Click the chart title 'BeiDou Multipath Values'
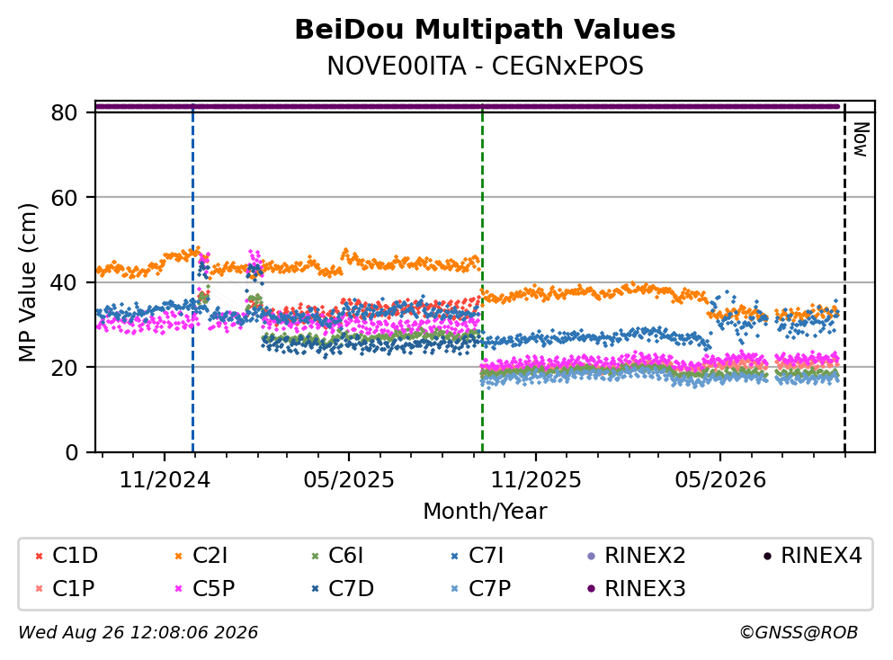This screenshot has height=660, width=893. [485, 30]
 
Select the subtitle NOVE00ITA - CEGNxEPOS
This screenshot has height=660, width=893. [485, 66]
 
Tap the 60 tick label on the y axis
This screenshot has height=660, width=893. [64, 198]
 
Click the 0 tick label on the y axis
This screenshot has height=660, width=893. [71, 452]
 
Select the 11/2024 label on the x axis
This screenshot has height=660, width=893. [165, 480]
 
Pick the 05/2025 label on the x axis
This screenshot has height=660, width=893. [349, 480]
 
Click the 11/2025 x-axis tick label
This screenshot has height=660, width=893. [536, 480]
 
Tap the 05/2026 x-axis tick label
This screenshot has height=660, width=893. [720, 480]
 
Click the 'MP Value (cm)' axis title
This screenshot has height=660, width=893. [27, 282]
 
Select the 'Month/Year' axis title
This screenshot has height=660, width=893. [485, 511]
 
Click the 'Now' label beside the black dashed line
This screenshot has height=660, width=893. [861, 139]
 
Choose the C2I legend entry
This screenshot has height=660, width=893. [201, 555]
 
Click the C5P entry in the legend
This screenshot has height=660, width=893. [204, 588]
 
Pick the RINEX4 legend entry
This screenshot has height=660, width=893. [813, 555]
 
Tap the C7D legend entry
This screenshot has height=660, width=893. [343, 588]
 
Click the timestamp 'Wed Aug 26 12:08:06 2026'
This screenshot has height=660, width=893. [138, 632]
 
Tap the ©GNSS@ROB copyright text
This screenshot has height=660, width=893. [799, 632]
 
